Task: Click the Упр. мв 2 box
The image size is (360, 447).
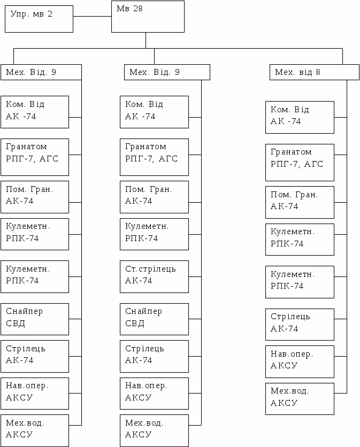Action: point(39,19)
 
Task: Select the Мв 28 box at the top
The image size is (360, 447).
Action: point(148,17)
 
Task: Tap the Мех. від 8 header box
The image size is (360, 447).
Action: point(314,72)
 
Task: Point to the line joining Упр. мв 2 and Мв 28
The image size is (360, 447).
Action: point(92,17)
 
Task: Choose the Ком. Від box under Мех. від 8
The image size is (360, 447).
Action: point(300,117)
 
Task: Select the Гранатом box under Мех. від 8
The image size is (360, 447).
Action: point(300,162)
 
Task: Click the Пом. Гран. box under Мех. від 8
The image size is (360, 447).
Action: point(300,202)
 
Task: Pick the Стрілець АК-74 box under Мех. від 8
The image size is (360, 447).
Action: point(300,324)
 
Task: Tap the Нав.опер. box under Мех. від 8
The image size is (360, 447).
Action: point(300,361)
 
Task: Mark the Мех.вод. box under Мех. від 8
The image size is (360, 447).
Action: point(300,398)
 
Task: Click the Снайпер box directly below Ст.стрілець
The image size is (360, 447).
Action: point(154,319)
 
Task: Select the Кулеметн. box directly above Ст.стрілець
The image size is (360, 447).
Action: point(154,234)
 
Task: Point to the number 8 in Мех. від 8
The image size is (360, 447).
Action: point(318,72)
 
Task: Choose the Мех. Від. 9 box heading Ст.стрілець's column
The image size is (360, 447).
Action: point(167,72)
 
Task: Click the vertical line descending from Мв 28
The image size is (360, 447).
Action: point(145,40)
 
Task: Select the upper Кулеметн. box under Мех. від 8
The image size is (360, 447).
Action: point(300,239)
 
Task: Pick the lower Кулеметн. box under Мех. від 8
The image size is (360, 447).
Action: point(300,282)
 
